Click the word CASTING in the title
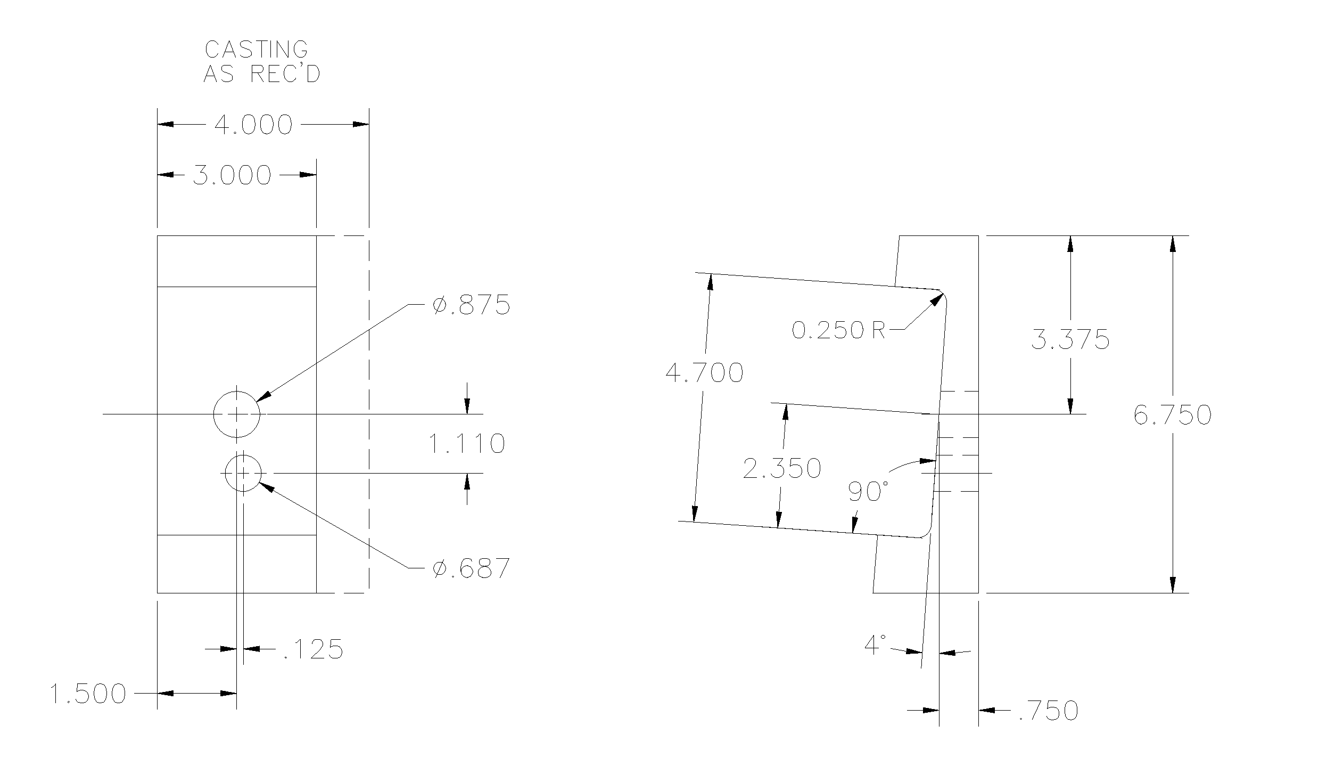pos(257,49)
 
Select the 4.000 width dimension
pos(253,125)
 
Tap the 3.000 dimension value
pos(232,175)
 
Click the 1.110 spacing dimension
pos(467,443)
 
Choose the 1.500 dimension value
pos(88,694)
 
